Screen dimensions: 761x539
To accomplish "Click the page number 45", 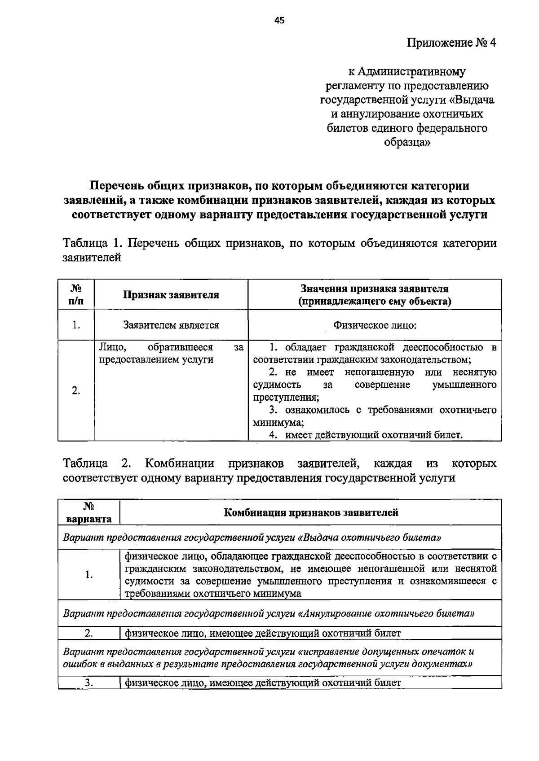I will (x=279, y=20).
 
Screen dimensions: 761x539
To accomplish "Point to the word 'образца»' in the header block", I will (x=407, y=143).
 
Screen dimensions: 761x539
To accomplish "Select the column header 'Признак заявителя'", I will (x=171, y=295).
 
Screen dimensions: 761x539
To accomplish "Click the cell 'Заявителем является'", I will (x=171, y=325).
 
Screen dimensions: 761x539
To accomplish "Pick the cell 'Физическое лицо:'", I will (x=375, y=325).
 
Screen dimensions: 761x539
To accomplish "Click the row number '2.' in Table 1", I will (x=76, y=391).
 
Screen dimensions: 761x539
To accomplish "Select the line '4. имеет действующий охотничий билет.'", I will (x=366, y=435).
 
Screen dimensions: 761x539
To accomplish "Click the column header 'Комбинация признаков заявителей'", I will (x=311, y=512).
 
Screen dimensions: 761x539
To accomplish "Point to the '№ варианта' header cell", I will (x=89, y=512).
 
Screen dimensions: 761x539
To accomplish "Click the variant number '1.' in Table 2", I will (x=89, y=575).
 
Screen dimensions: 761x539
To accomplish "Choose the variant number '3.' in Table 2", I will (x=89, y=683).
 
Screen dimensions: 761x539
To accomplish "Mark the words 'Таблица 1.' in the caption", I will (x=93, y=244).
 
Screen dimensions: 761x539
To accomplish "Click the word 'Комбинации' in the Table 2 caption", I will (x=179, y=463).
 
